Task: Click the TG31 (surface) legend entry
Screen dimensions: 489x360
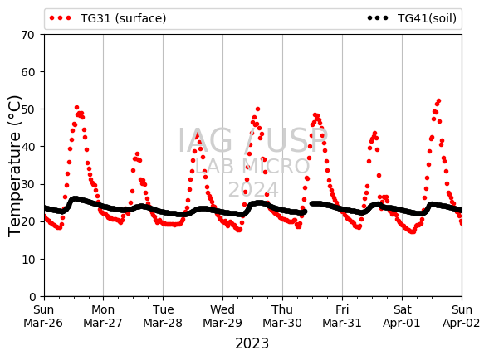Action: coord(108,18)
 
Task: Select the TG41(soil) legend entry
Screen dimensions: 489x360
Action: coord(412,18)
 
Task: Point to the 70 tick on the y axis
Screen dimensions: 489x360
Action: coord(27,35)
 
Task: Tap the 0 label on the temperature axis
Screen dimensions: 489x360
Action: coord(32,297)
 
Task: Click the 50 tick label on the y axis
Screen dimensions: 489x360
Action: coord(27,109)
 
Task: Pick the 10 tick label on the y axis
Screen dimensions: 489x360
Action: coord(27,260)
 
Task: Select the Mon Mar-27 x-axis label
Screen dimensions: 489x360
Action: coord(103,316)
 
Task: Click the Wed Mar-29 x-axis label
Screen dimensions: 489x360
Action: coord(222,316)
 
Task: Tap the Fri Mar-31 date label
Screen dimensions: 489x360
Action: coord(342,316)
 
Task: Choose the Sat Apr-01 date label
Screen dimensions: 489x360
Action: coord(402,316)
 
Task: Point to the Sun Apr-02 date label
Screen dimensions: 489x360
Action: coord(462,316)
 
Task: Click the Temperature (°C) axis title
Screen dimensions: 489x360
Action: coord(14,166)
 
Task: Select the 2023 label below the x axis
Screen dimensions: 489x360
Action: coord(252,343)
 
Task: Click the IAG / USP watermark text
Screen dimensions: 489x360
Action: coord(252,140)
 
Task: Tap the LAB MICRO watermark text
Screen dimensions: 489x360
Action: coord(252,166)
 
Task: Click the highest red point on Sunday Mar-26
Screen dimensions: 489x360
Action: coord(76,108)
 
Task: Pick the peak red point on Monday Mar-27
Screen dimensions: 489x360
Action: coord(137,154)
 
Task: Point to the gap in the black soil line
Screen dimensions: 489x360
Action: coord(308,207)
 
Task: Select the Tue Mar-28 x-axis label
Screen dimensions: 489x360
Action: coord(163,316)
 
